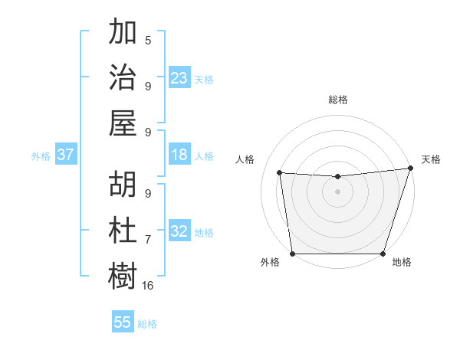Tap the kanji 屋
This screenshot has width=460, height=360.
click(x=123, y=123)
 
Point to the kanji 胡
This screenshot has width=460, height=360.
click(x=123, y=185)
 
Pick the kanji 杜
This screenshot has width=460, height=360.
click(x=123, y=231)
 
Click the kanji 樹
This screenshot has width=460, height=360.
click(x=123, y=276)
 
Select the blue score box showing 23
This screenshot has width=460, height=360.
click(x=179, y=78)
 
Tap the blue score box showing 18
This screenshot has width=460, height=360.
click(x=179, y=155)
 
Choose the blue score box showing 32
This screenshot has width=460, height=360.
click(x=179, y=231)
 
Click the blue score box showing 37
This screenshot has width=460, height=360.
click(x=66, y=155)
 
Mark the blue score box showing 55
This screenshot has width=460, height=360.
click(x=123, y=322)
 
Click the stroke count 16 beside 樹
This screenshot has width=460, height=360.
click(x=148, y=285)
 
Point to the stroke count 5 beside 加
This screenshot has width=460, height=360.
click(x=148, y=41)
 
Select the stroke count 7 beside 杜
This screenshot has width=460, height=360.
click(x=148, y=240)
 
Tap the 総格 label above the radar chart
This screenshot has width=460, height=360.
click(x=338, y=100)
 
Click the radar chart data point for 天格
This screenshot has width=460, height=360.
click(x=410, y=169)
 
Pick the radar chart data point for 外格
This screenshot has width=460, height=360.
click(x=292, y=254)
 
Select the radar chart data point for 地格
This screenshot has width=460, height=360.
click(x=383, y=254)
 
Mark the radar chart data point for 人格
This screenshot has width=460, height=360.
click(x=279, y=173)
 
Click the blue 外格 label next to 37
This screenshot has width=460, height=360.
click(x=41, y=156)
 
